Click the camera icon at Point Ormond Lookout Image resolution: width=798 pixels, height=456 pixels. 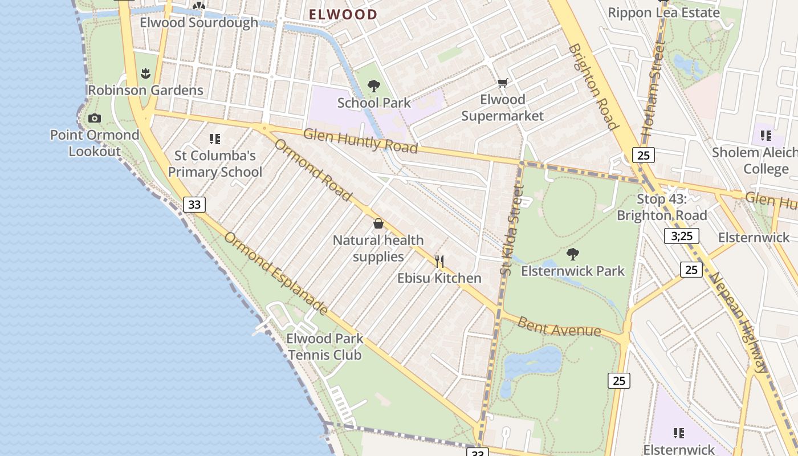(95, 119)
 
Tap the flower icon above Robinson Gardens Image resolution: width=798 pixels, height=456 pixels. (145, 73)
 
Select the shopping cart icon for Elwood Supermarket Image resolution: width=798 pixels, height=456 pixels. (502, 83)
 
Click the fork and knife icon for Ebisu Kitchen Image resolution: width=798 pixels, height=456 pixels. (439, 262)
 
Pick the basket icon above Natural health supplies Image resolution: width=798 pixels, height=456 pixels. (378, 223)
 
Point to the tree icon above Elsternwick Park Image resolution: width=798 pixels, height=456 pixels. (573, 254)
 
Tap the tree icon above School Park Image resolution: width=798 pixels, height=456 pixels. (374, 86)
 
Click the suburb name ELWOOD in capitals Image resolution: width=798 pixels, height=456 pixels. (343, 15)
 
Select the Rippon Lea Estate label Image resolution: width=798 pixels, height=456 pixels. (663, 13)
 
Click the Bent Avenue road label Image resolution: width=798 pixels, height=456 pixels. (559, 327)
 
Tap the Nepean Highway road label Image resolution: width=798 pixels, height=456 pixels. (739, 322)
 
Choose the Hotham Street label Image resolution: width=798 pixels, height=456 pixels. (653, 88)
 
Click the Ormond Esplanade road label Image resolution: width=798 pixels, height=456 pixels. (275, 274)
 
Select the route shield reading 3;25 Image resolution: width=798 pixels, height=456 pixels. (681, 236)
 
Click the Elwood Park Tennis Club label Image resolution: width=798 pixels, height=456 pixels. (324, 347)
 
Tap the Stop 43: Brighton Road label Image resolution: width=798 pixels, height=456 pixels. (662, 207)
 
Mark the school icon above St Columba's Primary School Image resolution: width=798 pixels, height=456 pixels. (214, 139)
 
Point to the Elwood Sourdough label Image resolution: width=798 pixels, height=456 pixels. (199, 23)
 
